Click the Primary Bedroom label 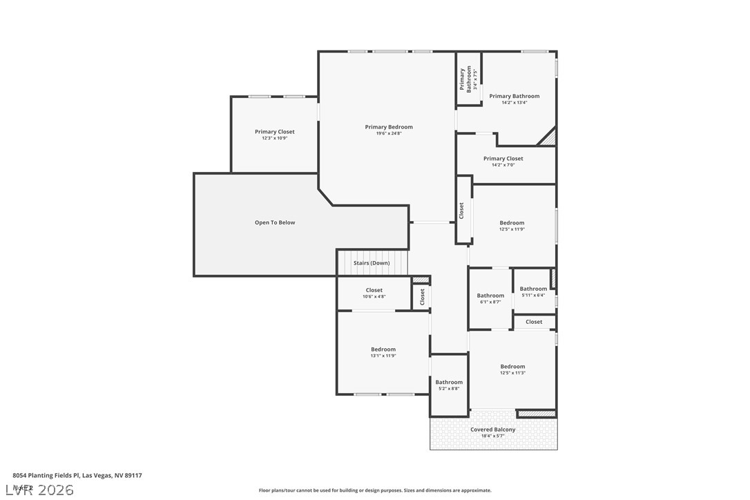tap(389, 127)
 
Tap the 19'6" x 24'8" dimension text tap(389, 133)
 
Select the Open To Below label tap(275, 222)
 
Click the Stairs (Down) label tap(372, 263)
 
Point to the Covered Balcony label tap(493, 430)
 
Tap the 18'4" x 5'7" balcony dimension tap(493, 436)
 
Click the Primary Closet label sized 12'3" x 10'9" tap(274, 132)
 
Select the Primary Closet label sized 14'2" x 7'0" tap(503, 159)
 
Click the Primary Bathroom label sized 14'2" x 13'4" tap(515, 97)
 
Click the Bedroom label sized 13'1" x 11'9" tap(383, 349)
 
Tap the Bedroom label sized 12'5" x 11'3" tap(512, 367)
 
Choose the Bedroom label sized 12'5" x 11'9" tap(512, 223)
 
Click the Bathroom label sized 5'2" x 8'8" tap(449, 383)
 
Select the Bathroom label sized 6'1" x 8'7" tap(490, 296)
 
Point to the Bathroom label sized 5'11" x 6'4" tap(533, 289)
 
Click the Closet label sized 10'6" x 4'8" tap(374, 291)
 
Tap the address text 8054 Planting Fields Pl tap(77, 476)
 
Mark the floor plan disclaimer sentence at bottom tap(375, 490)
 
